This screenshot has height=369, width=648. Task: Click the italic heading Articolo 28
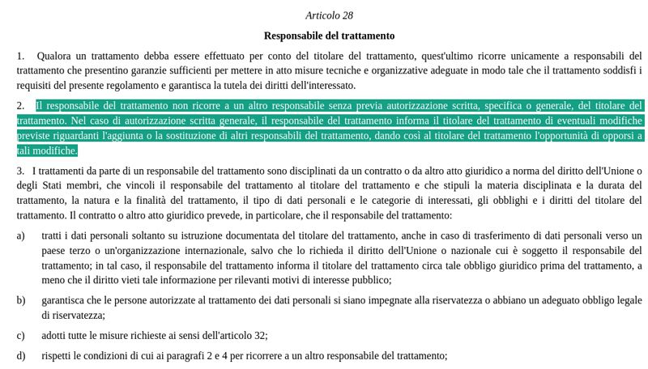[329, 15]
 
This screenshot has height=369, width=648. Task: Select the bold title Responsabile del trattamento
[329, 36]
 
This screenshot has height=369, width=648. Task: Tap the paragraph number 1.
[19, 56]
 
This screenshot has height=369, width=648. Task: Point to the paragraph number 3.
[19, 172]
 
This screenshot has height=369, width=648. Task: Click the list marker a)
[20, 235]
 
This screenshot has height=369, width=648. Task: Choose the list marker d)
[20, 355]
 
